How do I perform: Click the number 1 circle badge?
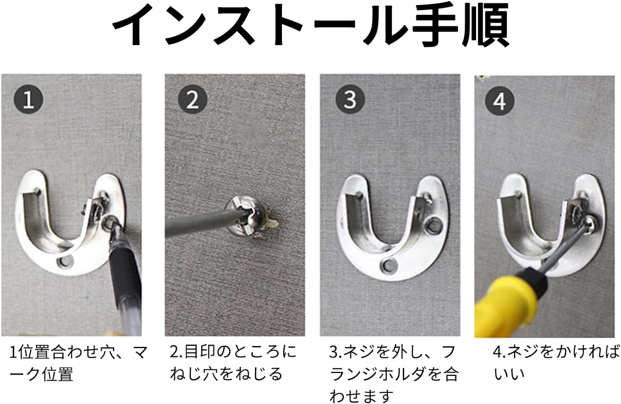[x=29, y=99]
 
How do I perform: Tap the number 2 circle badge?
[x=193, y=99]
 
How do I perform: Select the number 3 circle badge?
[x=350, y=99]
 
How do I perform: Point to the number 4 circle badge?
[x=500, y=101]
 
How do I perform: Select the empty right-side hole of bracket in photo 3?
[x=433, y=225]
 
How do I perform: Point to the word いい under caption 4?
[x=509, y=374]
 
